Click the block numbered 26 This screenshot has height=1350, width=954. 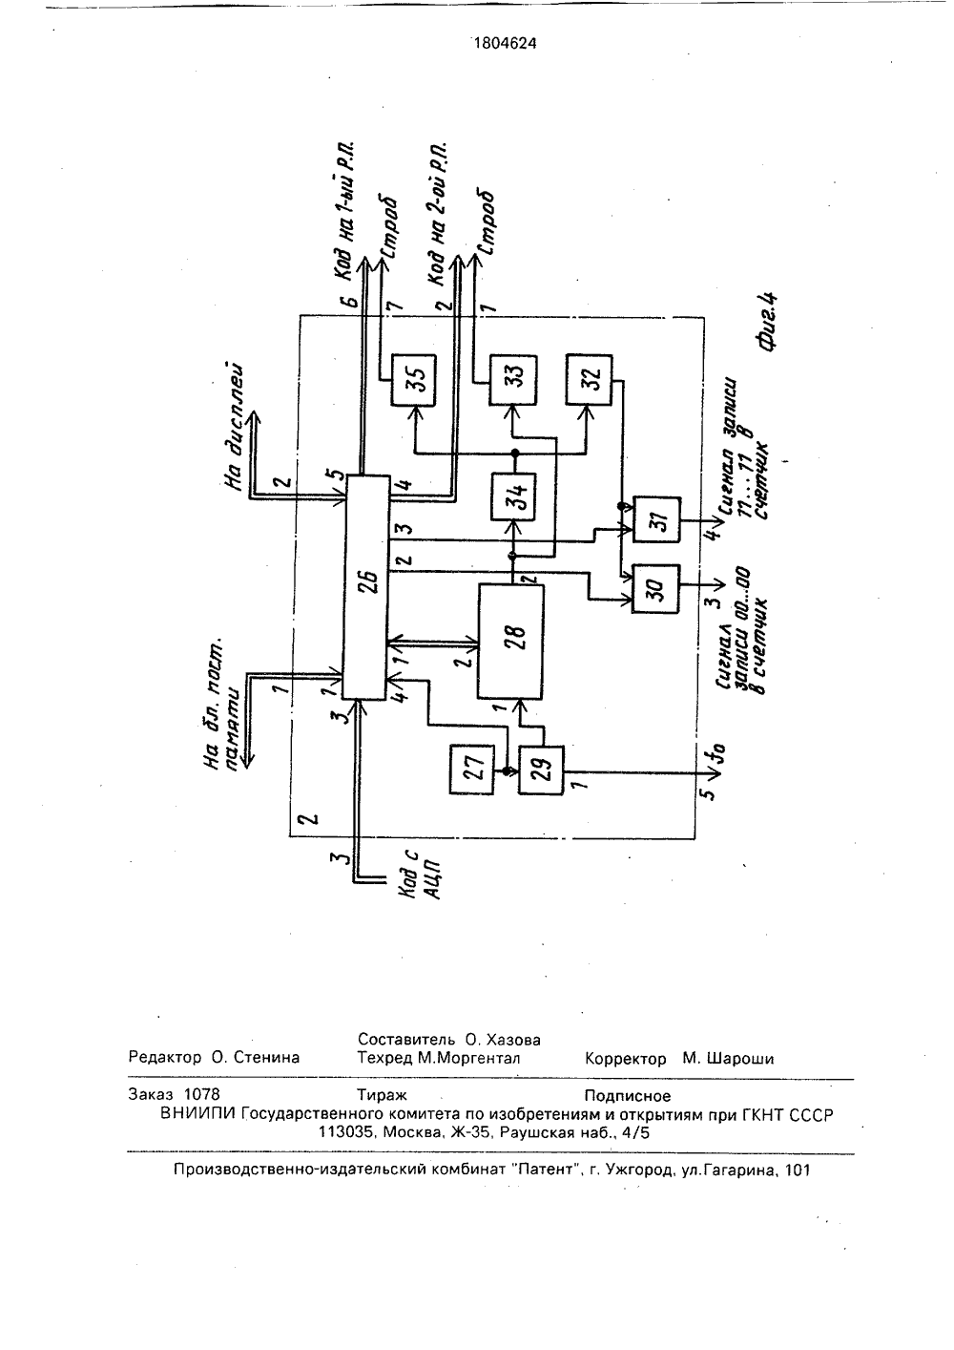tap(365, 587)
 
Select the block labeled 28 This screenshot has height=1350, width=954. tap(510, 642)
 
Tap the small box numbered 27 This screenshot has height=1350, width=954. tap(471, 770)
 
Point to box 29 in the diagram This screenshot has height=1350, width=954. tap(542, 770)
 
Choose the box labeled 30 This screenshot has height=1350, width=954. tap(655, 589)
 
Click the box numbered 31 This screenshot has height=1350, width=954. tap(656, 520)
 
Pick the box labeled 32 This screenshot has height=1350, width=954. tap(589, 380)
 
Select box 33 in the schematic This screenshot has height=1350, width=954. tap(512, 380)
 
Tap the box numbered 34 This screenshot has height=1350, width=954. tap(514, 497)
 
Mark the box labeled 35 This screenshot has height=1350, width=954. tap(414, 380)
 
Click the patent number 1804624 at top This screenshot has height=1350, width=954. tap(506, 43)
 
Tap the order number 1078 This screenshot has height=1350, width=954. tap(201, 1094)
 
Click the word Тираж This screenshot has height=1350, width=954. tap(382, 1094)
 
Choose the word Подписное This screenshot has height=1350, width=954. tap(628, 1095)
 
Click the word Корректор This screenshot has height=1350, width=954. tap(626, 1059)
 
